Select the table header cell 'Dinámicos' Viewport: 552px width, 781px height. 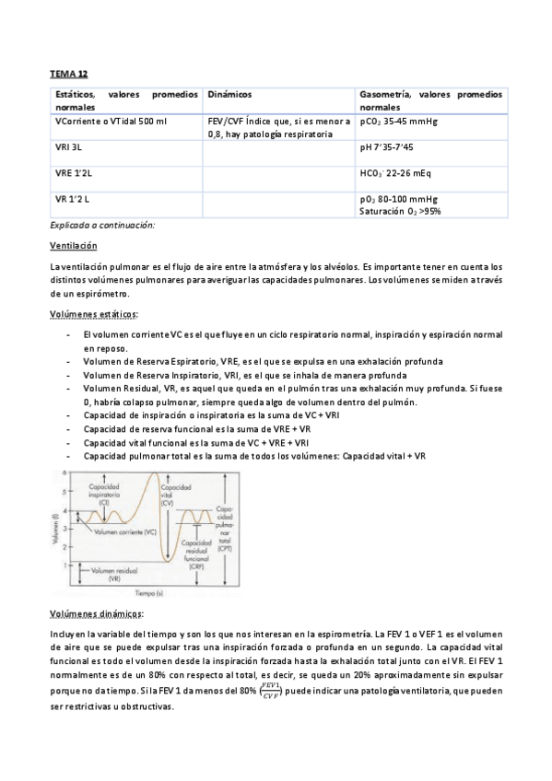click(x=230, y=95)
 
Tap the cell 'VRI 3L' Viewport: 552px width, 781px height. click(x=69, y=146)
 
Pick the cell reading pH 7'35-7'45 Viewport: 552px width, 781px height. click(x=388, y=146)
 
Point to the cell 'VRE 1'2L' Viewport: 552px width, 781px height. click(x=73, y=172)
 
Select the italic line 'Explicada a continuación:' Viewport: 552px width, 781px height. click(x=102, y=226)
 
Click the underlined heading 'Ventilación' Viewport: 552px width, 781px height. click(x=73, y=246)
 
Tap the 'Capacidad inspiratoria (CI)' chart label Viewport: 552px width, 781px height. click(x=105, y=494)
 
